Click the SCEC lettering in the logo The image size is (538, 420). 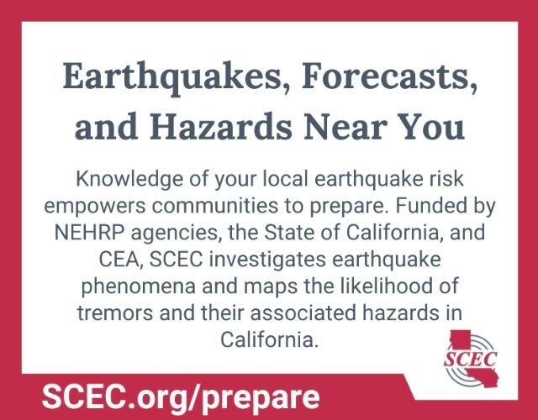[x=470, y=360]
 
